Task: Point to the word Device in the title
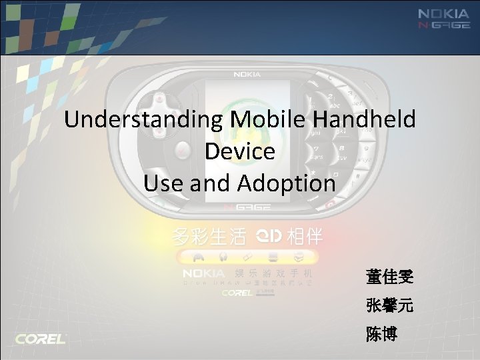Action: [240, 151]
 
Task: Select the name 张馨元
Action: [389, 306]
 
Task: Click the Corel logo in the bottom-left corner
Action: [41, 339]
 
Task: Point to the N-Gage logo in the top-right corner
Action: [444, 27]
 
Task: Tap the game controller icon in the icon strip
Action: [198, 256]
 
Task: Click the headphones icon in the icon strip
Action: [222, 256]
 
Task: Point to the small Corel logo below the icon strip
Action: [237, 291]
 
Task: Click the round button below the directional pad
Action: [181, 152]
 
